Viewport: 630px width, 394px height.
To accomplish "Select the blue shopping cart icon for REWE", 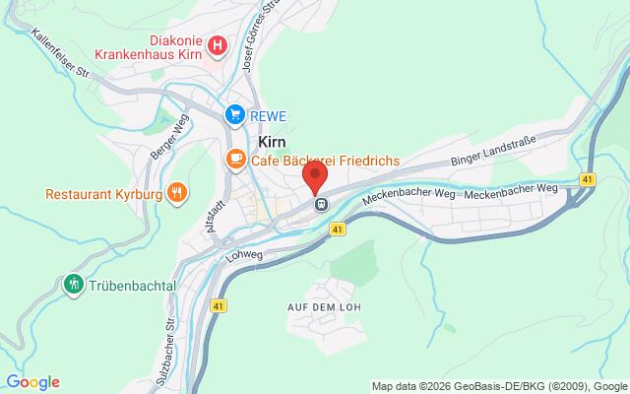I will (x=234, y=115).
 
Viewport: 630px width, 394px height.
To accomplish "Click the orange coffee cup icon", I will (x=234, y=158).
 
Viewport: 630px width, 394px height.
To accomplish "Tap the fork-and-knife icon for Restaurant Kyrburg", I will (x=177, y=191).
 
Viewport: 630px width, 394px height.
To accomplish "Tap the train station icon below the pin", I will (x=321, y=204).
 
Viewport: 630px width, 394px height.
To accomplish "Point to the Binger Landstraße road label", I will (x=492, y=151).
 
